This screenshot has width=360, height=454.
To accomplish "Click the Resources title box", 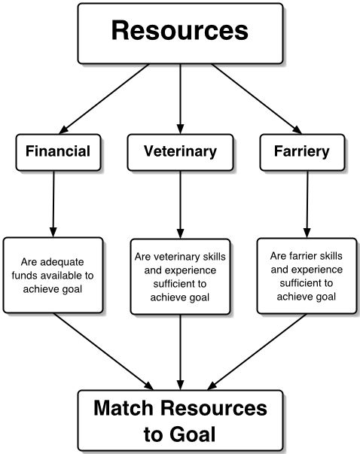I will [x=180, y=32].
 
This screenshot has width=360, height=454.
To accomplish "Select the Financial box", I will [x=57, y=151].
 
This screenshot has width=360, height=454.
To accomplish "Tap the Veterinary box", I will [x=180, y=151].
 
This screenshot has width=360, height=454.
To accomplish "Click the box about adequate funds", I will [x=52, y=275].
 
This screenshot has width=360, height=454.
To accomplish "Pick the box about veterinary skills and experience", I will [x=180, y=277].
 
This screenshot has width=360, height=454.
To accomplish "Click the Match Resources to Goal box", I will [x=180, y=421].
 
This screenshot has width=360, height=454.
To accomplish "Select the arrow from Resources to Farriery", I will [x=254, y=99].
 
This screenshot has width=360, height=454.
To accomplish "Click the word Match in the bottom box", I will [x=130, y=409].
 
